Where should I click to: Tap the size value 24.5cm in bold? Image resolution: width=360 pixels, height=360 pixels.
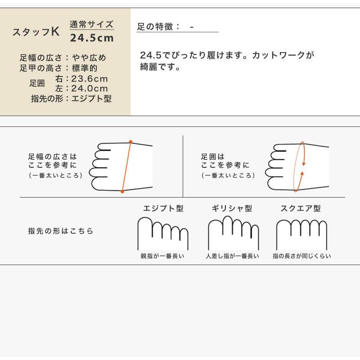[92, 38]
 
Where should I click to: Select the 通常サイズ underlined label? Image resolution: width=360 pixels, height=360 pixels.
[92, 25]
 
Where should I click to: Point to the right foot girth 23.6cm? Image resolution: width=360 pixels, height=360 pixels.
[90, 79]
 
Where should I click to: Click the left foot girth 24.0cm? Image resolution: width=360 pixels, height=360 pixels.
[90, 89]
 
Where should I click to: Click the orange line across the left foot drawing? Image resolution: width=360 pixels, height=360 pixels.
[126, 166]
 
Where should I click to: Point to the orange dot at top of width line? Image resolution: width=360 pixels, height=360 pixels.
[130, 142]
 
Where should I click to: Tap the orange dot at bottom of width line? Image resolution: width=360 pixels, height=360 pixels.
[122, 192]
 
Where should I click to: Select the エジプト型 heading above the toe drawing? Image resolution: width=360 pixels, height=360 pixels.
[163, 209]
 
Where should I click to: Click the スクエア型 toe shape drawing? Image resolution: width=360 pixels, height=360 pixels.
[301, 234]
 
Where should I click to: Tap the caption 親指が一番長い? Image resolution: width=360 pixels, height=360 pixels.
[162, 256]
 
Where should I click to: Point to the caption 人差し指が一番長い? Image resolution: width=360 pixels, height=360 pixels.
[232, 256]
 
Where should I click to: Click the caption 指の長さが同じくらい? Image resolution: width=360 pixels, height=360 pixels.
[301, 256]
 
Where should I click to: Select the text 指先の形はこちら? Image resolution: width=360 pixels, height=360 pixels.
[61, 231]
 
